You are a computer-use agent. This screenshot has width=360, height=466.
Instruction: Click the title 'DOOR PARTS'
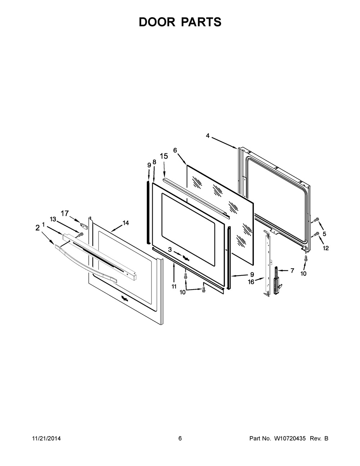click(x=180, y=22)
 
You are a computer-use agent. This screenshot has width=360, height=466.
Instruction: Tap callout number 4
click(x=208, y=136)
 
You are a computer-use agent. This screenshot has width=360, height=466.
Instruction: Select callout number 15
click(x=164, y=156)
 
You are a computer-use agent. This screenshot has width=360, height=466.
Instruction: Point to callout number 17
click(x=65, y=214)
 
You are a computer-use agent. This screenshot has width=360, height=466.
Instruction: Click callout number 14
click(x=125, y=223)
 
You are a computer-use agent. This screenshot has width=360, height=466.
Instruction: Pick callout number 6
click(x=175, y=150)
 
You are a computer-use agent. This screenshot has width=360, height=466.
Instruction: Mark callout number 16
click(x=251, y=282)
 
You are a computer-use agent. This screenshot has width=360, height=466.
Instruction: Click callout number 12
click(x=326, y=248)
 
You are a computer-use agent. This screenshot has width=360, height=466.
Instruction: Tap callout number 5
click(x=324, y=234)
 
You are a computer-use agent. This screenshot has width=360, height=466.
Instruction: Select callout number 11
click(x=174, y=287)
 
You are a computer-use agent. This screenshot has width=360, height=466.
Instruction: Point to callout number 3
click(x=170, y=249)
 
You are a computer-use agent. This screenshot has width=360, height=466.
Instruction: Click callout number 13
click(x=53, y=219)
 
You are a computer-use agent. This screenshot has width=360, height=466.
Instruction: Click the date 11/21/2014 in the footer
click(x=46, y=439)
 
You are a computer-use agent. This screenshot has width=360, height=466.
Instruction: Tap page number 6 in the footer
click(x=180, y=439)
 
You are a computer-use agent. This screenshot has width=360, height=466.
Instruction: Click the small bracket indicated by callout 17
click(x=84, y=226)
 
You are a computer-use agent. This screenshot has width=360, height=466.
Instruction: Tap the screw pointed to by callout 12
click(x=316, y=234)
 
